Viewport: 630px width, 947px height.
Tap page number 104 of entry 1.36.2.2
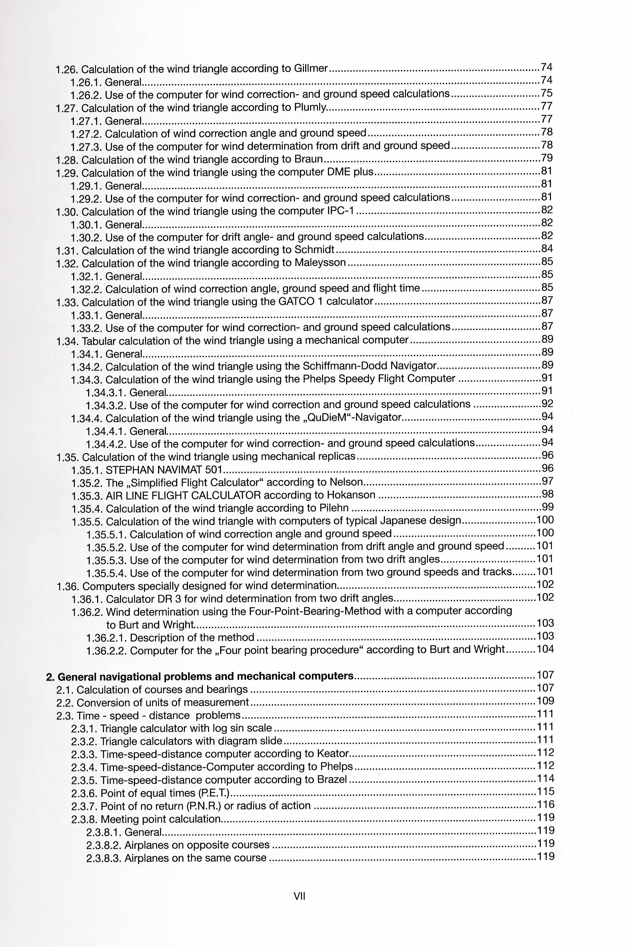[x=545, y=649]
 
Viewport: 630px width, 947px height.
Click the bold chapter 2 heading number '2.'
[x=50, y=677]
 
